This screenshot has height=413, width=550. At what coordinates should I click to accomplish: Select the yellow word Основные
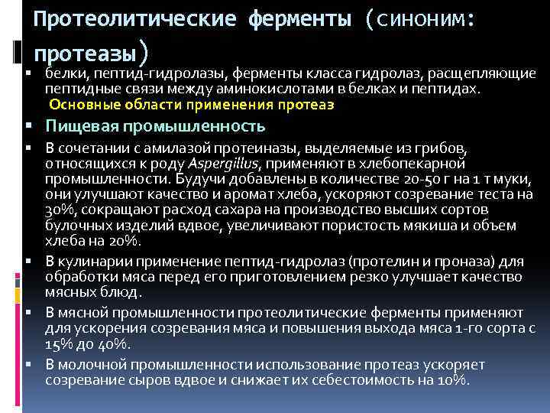tap(79, 104)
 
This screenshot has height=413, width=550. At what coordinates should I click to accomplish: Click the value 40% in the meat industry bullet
tap(114, 344)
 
